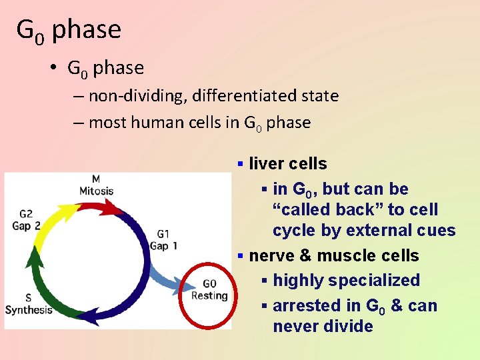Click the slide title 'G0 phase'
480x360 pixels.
(x=69, y=30)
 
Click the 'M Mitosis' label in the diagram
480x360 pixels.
(x=96, y=185)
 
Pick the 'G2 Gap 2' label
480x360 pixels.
(x=26, y=219)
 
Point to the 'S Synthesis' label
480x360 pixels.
(x=28, y=304)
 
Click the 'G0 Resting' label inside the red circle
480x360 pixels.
(x=209, y=290)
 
